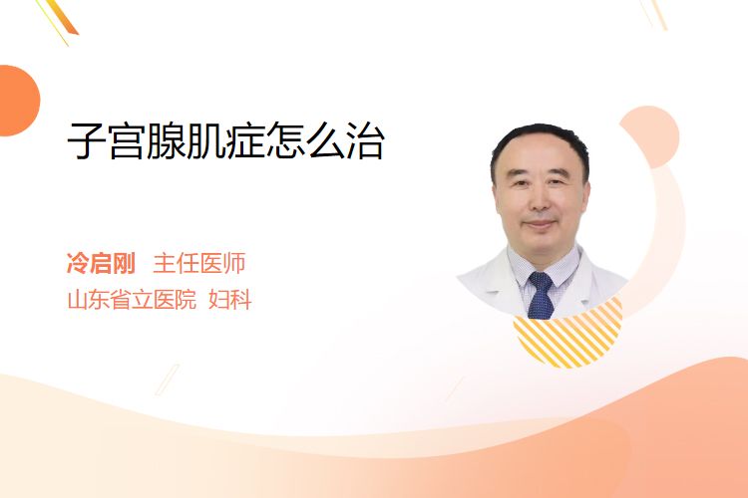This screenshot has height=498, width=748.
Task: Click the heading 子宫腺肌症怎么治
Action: tap(225, 140)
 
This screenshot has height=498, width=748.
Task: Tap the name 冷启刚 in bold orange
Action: tap(101, 263)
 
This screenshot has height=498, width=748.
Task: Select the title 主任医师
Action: tap(199, 263)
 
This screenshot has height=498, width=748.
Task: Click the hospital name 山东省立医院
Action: tap(132, 300)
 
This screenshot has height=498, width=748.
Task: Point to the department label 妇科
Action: tap(230, 300)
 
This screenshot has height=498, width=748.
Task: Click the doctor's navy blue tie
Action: tap(541, 295)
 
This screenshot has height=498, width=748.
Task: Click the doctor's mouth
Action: tap(539, 224)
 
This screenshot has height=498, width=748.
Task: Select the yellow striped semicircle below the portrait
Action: tap(567, 341)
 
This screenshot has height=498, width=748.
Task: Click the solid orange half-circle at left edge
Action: tap(18, 101)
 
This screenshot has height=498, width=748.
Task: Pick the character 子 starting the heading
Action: tap(87, 141)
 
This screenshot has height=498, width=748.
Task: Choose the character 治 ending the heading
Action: tap(365, 141)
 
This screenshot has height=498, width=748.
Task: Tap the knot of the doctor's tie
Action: tap(541, 280)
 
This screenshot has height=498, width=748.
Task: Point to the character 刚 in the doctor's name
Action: tap(125, 263)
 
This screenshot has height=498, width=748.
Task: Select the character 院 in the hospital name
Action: tap(187, 300)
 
